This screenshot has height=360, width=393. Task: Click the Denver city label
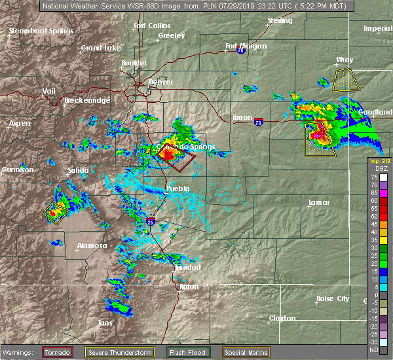(x=160, y=82)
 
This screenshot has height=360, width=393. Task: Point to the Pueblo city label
(x=178, y=189)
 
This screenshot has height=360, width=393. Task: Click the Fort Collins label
(x=147, y=26)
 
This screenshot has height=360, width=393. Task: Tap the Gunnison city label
(x=17, y=170)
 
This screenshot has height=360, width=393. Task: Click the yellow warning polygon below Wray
(x=346, y=81)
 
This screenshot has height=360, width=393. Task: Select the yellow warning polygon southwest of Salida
(x=56, y=211)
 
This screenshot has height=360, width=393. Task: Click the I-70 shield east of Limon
(x=259, y=122)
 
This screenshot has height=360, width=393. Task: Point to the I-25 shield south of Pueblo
(x=151, y=222)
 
